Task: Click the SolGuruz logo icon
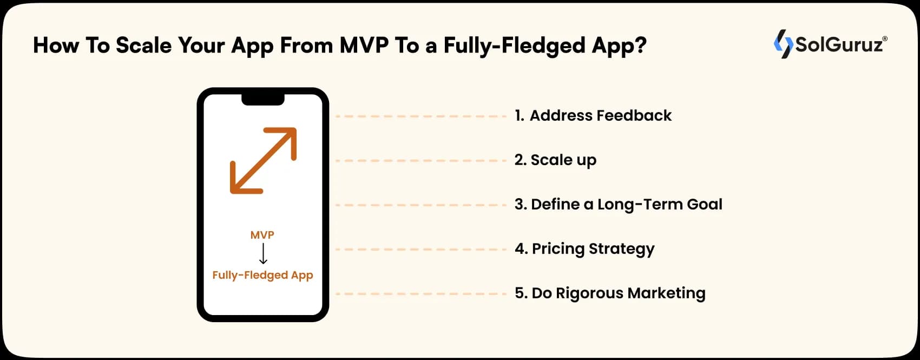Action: point(783,44)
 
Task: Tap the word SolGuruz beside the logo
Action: point(839,44)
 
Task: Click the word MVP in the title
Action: point(364,45)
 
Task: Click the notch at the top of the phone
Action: point(263,99)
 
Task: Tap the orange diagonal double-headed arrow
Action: point(264,160)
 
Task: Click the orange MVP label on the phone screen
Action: point(262,235)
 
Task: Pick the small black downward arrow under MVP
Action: point(263,253)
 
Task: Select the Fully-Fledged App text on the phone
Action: point(262,275)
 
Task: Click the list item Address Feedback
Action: point(593,116)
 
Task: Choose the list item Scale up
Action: point(555,160)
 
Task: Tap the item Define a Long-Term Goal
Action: point(619,205)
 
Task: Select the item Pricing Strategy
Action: point(584,249)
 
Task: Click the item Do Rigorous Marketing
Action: point(610,293)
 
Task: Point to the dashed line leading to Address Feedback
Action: point(421,116)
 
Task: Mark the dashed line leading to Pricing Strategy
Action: point(421,250)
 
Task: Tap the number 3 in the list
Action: point(519,205)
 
